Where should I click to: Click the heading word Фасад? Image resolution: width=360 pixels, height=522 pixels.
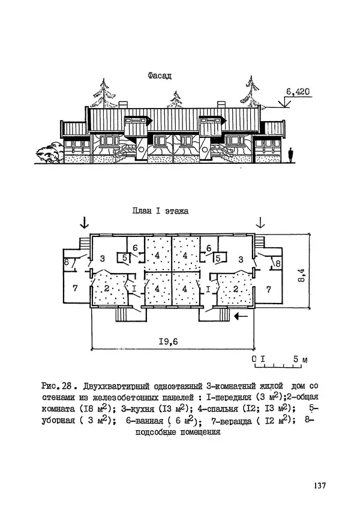click(x=159, y=76)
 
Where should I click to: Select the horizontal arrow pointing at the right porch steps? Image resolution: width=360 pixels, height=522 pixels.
click(x=244, y=314)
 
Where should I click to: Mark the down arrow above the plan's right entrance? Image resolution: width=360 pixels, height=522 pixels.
click(x=260, y=223)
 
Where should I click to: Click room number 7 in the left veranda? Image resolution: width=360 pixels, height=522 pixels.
click(x=76, y=289)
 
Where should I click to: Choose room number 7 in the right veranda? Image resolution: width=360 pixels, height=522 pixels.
click(x=268, y=289)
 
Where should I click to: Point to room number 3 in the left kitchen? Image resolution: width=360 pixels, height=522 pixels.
click(x=103, y=259)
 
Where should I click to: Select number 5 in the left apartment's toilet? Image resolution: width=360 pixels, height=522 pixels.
click(x=124, y=259)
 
